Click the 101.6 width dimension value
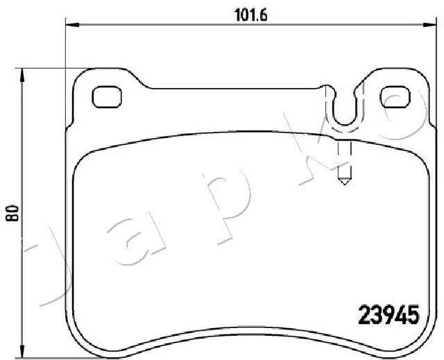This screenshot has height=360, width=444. [x=251, y=15]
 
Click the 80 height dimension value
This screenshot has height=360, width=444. [x=13, y=213]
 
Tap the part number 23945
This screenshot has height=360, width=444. [x=388, y=315]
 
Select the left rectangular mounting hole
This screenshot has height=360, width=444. [x=107, y=97]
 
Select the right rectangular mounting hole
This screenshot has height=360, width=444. [x=395, y=97]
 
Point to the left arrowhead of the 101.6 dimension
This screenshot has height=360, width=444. [x=72, y=25]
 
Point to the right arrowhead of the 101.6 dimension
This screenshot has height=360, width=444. [x=429, y=25]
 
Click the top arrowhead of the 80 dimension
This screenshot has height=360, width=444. [x=22, y=75]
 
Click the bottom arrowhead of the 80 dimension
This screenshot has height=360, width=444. [x=22, y=352]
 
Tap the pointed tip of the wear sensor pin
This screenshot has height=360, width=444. [x=344, y=185]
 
